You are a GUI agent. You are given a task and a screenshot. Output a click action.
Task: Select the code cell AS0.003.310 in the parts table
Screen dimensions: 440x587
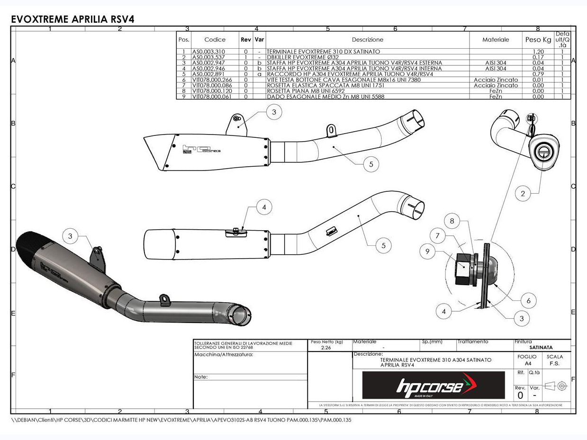[x=208, y=51]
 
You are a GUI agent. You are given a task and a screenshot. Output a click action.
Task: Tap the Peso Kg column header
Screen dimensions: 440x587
[x=538, y=40]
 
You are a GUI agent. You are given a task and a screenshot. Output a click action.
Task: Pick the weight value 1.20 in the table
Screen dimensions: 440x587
[x=538, y=51]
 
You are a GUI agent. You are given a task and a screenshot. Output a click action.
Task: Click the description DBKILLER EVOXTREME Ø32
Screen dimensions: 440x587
[x=303, y=57]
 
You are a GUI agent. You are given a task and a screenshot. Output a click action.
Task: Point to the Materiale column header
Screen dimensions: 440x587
[x=496, y=40]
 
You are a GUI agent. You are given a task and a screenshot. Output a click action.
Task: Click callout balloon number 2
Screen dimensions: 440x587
[x=523, y=193]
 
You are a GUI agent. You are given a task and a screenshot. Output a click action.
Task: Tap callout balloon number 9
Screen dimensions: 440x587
[x=427, y=251]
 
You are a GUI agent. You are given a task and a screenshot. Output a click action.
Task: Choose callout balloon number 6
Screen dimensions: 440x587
[x=528, y=300]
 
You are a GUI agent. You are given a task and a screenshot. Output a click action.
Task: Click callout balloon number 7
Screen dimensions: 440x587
[x=438, y=234]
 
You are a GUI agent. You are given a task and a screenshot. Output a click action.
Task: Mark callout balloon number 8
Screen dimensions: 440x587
[x=452, y=221]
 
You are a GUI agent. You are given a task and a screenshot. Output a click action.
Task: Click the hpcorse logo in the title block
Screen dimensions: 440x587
[x=433, y=385]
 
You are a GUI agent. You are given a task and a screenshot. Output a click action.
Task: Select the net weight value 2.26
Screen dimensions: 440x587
[x=325, y=348]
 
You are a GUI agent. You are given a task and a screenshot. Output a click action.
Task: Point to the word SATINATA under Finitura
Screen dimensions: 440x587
[x=541, y=347]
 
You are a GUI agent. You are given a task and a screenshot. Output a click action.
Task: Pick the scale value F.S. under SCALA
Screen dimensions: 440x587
[x=554, y=363]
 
